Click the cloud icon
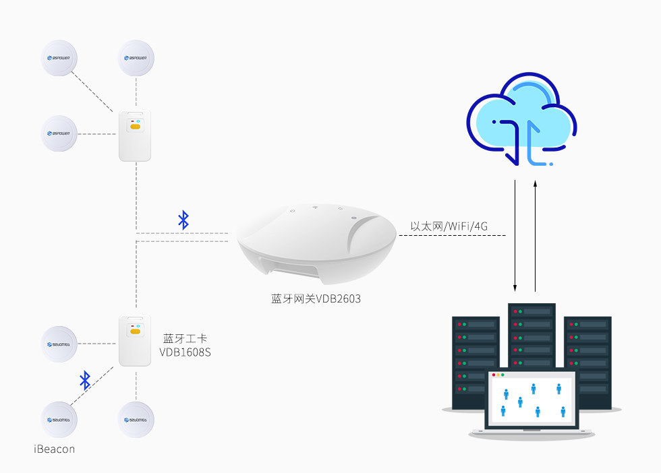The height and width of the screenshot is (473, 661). coord(521,121)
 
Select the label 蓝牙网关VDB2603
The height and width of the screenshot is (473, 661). coord(312,298)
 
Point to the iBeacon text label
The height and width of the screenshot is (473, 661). coord(54,448)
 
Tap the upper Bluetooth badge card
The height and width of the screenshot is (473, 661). coord(135,135)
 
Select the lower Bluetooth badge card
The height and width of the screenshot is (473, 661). coord(135,340)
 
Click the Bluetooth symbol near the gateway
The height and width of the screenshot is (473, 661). coord(183,220)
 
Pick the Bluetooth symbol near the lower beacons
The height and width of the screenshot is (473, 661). coord(85,380)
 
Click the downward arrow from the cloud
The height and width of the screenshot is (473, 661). coord(515,236)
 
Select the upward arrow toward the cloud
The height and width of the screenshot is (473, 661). coord(536,236)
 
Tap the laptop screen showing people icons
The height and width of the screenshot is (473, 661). coord(532,400)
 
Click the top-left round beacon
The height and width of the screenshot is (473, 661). coord(59,58)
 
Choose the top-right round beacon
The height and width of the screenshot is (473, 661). coord(136,58)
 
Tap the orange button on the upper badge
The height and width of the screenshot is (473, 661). coord(135,126)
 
